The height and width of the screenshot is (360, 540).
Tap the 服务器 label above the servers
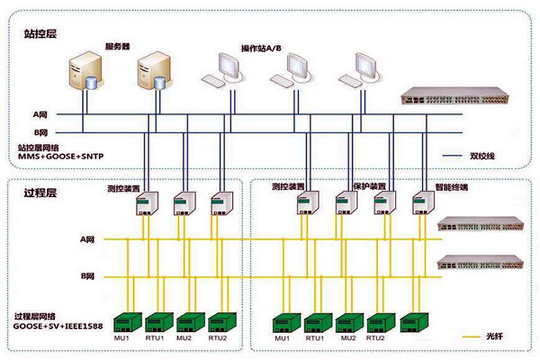[118, 45]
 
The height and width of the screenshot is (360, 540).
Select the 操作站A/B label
[261, 47]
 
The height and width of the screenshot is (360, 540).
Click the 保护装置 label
[369, 185]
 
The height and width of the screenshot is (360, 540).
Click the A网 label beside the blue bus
[40, 115]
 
